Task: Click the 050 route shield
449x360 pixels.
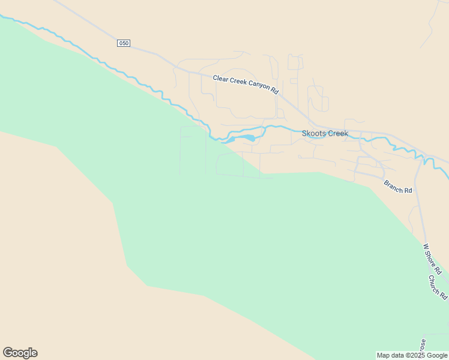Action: pyautogui.click(x=124, y=43)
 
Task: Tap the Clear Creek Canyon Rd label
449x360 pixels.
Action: pyautogui.click(x=246, y=85)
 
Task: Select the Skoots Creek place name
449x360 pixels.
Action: pyautogui.click(x=325, y=133)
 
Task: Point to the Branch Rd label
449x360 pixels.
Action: pyautogui.click(x=398, y=187)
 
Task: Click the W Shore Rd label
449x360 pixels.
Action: pyautogui.click(x=432, y=259)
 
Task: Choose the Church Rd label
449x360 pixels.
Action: pyautogui.click(x=438, y=287)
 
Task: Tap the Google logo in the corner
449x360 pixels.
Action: pyautogui.click(x=20, y=353)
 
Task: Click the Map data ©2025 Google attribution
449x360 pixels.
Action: pyautogui.click(x=412, y=355)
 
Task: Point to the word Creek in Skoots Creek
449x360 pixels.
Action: pyautogui.click(x=337, y=133)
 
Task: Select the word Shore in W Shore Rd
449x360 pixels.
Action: pyautogui.click(x=432, y=258)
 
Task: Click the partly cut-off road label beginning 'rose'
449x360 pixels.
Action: pyautogui.click(x=423, y=346)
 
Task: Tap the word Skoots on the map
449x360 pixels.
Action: pyautogui.click(x=313, y=133)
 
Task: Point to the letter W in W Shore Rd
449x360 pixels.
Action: pyautogui.click(x=426, y=246)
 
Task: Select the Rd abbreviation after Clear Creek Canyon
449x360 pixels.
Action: pyautogui.click(x=275, y=91)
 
